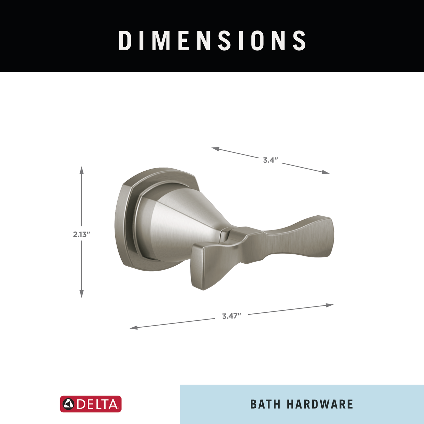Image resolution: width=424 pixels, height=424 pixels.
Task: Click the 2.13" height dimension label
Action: [x=81, y=235]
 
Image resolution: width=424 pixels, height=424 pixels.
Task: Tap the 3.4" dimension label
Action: [x=271, y=160]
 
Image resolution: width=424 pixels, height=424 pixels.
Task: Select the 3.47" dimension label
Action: [x=232, y=316]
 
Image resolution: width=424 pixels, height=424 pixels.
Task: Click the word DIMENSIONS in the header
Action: [x=212, y=40]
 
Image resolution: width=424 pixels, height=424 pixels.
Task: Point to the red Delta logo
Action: [x=91, y=404]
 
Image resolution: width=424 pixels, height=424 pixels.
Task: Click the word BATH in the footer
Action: [x=265, y=404]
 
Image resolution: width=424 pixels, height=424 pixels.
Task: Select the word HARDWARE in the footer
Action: [x=320, y=404]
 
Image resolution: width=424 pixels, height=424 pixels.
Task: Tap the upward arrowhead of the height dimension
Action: [x=81, y=170]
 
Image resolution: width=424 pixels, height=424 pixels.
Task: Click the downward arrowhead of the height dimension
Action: [x=81, y=294]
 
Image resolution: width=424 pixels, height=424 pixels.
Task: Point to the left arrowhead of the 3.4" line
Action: [x=215, y=149]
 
